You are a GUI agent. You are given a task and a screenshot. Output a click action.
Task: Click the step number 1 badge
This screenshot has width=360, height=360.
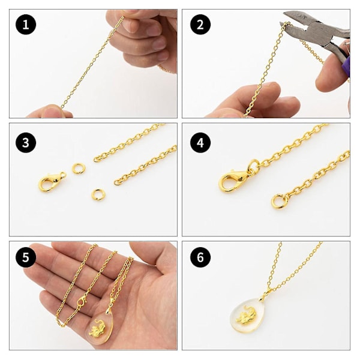click(x=26, y=25)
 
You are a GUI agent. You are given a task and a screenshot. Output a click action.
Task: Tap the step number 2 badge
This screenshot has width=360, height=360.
click(x=200, y=25)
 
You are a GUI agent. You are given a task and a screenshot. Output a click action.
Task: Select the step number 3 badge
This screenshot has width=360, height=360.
click(x=26, y=143)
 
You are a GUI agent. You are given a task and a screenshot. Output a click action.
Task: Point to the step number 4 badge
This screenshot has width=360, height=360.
click(x=200, y=143)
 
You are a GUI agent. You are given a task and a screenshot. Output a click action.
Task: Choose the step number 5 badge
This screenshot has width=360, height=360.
click(x=26, y=257)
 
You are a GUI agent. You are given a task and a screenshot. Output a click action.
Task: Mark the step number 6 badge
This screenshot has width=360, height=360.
click(x=200, y=257)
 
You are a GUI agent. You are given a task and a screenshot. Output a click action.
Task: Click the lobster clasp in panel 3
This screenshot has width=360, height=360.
click(x=51, y=181)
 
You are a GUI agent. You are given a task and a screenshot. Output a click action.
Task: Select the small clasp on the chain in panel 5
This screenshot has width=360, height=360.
click(x=80, y=302)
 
